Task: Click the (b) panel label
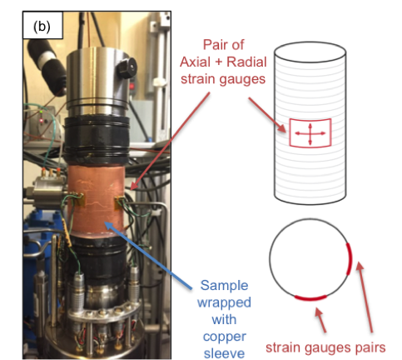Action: coord(42,27)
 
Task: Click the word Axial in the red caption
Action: coord(195,62)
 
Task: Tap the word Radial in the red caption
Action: coord(246,62)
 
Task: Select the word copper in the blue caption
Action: coord(225,337)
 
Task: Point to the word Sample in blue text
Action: coord(224,286)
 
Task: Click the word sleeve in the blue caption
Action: coord(224,353)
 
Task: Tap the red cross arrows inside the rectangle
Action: coord(310,133)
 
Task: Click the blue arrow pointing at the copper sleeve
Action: coord(148,256)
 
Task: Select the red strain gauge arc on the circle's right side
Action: coord(350,259)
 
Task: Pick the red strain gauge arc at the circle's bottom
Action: coord(310,298)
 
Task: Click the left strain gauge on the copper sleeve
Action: coord(80,201)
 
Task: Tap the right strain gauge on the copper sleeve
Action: coord(119,203)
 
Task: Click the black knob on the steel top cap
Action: coord(127,67)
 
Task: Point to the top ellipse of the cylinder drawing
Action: coord(310,52)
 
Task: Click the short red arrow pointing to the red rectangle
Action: coord(267,115)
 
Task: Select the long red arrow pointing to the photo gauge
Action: coord(170,142)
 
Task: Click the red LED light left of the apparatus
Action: coord(42,121)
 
